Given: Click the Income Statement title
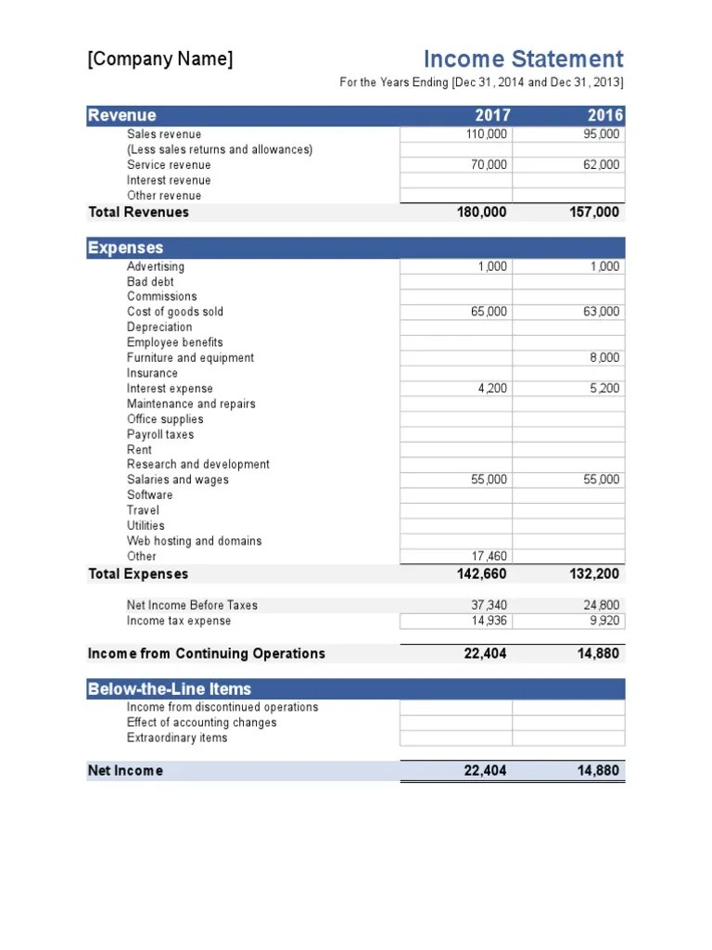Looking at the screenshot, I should coord(523,59).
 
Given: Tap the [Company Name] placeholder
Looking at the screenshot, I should coord(160,59).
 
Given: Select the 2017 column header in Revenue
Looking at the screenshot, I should coord(491,116).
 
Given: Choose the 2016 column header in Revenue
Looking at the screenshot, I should coord(605,116).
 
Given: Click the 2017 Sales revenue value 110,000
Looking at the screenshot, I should coord(487,135).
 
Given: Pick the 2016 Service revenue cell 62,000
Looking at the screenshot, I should coord(602,165).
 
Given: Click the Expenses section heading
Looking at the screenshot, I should coord(125,248).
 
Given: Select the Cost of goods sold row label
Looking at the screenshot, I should coord(175,312).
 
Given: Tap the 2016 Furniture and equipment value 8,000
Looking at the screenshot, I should coord(604,358).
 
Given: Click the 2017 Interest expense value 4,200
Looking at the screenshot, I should coord(492,389).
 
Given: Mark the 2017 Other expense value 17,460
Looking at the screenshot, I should coord(489,557).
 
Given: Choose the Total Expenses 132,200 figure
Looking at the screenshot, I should coord(594,574).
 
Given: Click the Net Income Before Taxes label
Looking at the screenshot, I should coord(192,605).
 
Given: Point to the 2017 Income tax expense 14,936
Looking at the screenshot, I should coord(489,622).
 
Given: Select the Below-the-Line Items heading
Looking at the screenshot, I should coord(169,689).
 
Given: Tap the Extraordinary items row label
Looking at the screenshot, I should coord(177,738).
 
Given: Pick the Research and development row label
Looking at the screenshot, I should coord(198,465).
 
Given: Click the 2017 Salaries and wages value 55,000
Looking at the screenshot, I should coord(489,480).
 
